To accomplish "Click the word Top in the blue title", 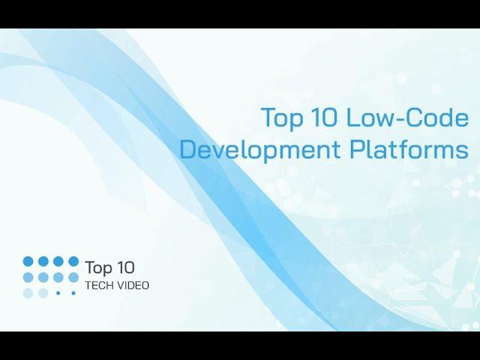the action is click(x=282, y=118).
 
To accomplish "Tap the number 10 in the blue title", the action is click(x=324, y=117).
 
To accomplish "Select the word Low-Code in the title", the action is click(x=407, y=117).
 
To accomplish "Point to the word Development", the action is click(x=259, y=149).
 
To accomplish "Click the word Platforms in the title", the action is click(x=409, y=149).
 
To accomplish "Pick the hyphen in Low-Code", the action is click(x=400, y=119).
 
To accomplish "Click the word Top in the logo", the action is click(x=98, y=268).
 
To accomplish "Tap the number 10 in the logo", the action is click(x=125, y=267).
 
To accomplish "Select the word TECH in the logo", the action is click(x=100, y=286).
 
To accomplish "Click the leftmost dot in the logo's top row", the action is click(x=28, y=262).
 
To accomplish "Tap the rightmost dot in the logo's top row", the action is click(x=73, y=262).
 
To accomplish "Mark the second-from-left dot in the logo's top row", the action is click(x=43, y=262).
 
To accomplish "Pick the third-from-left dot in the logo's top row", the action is click(x=58, y=262).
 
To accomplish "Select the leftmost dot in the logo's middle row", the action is click(x=28, y=277).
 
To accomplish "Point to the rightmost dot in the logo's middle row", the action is click(x=73, y=277).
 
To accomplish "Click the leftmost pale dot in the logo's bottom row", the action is click(x=28, y=293).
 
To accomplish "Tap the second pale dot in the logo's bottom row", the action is click(x=43, y=293).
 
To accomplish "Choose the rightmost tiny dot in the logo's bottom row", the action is click(x=73, y=293).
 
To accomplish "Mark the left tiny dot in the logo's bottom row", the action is click(x=58, y=293).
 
